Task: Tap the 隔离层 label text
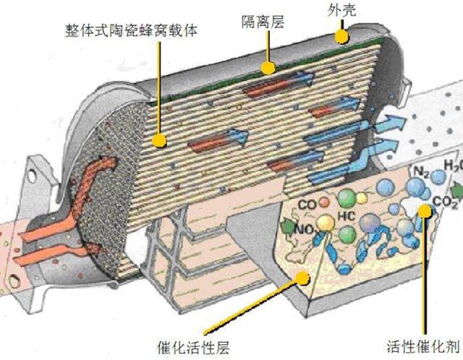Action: point(268,22)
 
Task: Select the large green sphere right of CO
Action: point(347,197)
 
